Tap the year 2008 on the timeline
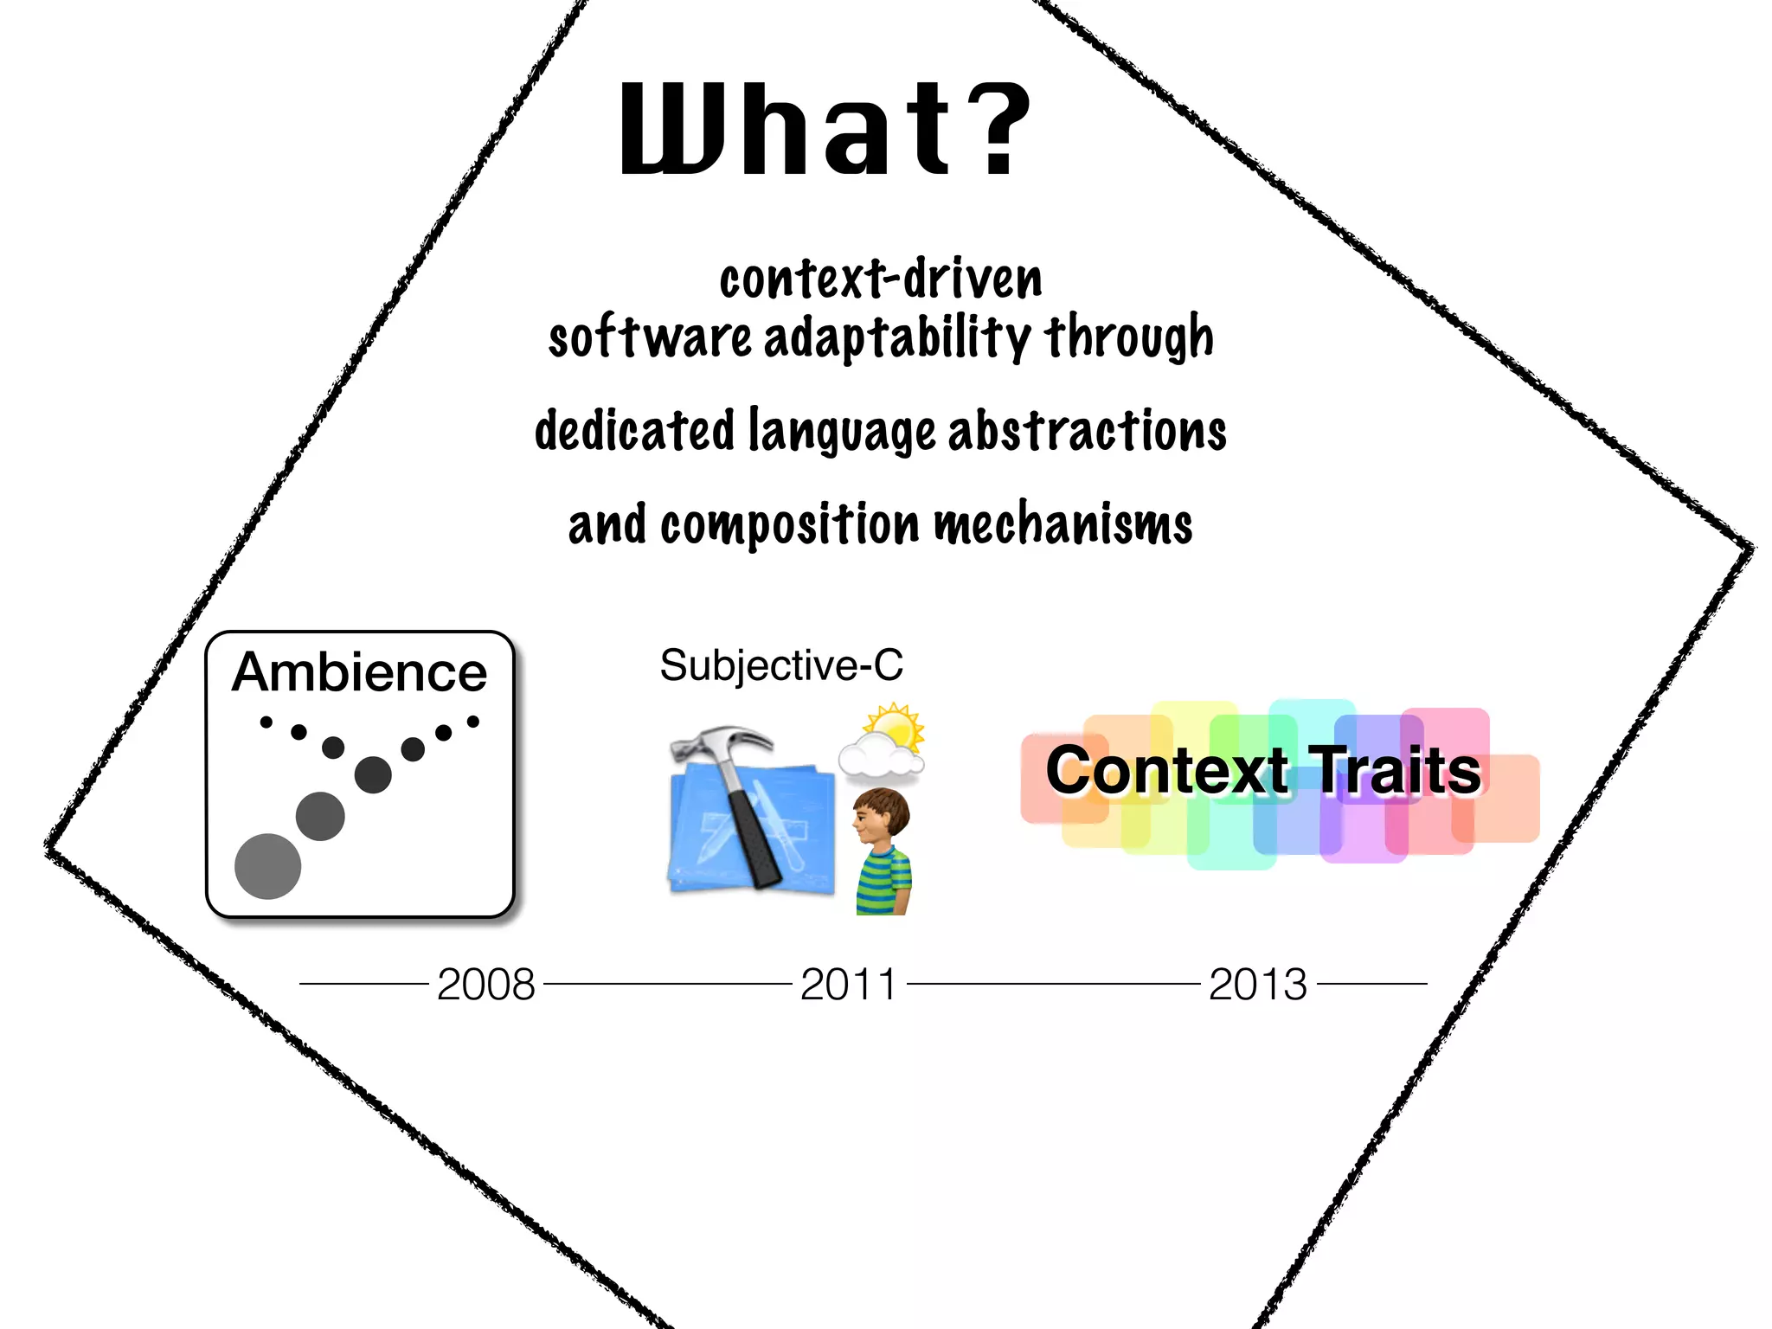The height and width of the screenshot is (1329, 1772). pos(486,984)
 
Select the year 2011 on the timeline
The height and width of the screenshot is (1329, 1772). pos(849,984)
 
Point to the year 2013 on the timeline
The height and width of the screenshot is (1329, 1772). pos(1257,984)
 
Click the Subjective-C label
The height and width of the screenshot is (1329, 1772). pos(780,665)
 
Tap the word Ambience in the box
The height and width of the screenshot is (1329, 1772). pos(359,672)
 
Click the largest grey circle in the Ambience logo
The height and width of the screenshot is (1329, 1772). pos(268,866)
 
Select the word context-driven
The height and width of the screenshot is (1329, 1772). pos(881,279)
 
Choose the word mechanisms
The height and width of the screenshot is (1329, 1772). pos(1063,524)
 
